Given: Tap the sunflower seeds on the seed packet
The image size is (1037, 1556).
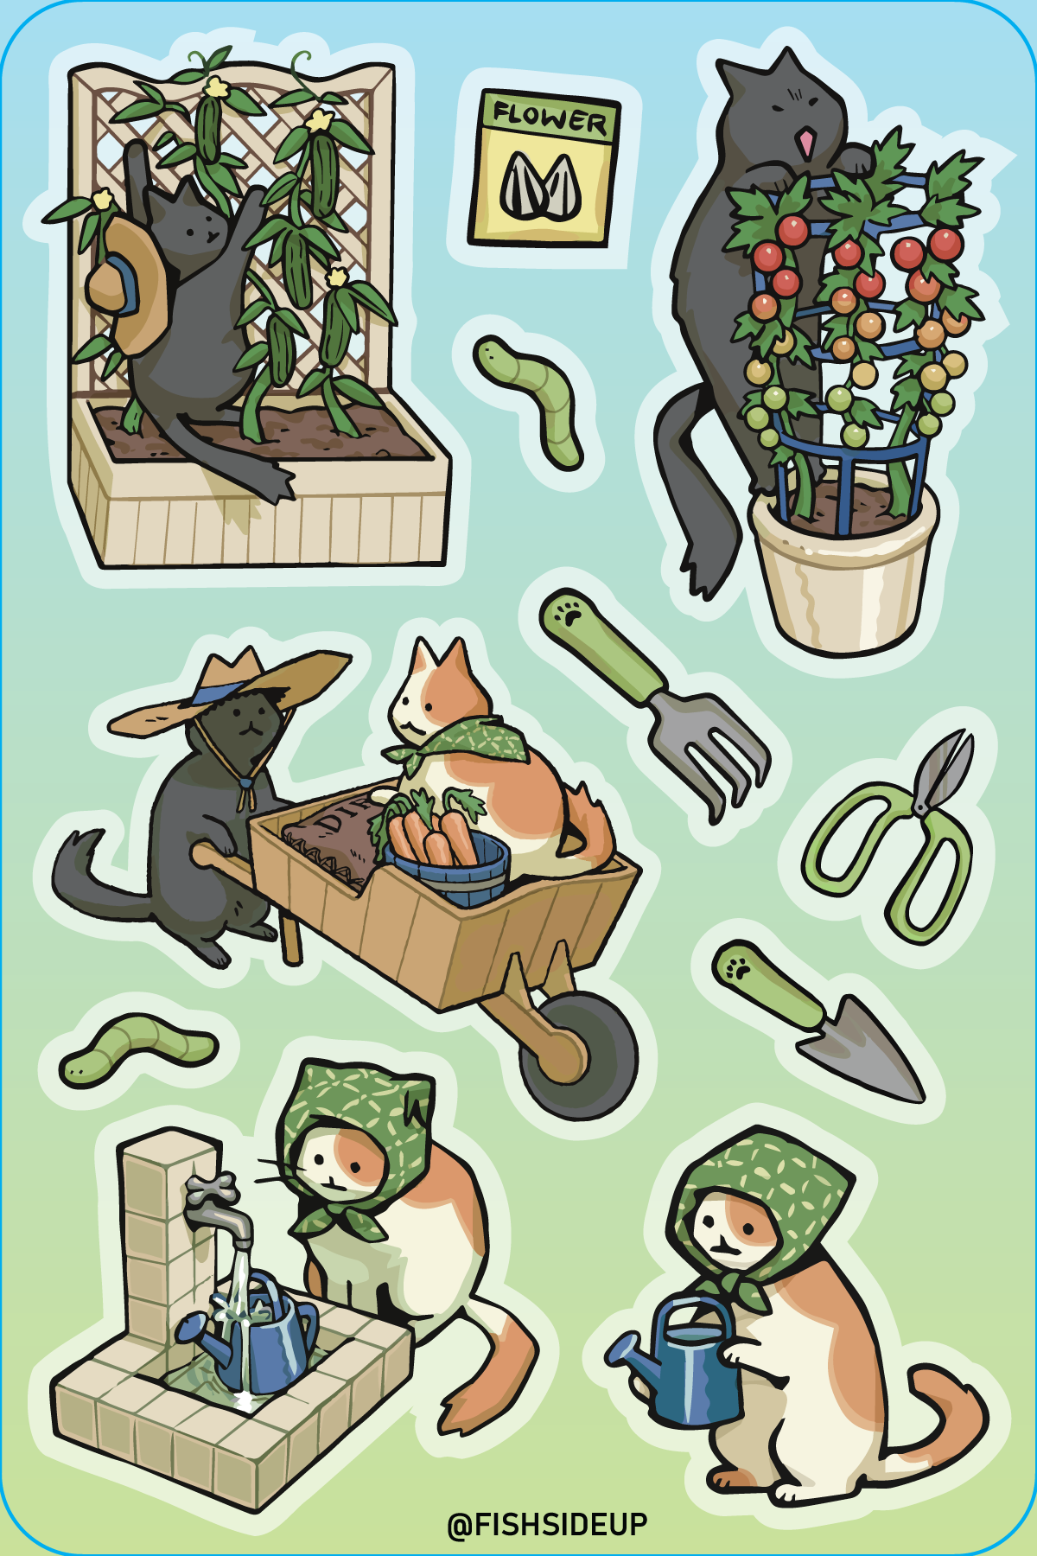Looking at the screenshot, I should pyautogui.click(x=538, y=186).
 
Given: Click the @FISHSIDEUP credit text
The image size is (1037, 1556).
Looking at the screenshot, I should pyautogui.click(x=547, y=1523).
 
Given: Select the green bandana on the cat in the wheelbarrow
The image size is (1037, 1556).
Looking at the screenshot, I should pyautogui.click(x=467, y=743).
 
